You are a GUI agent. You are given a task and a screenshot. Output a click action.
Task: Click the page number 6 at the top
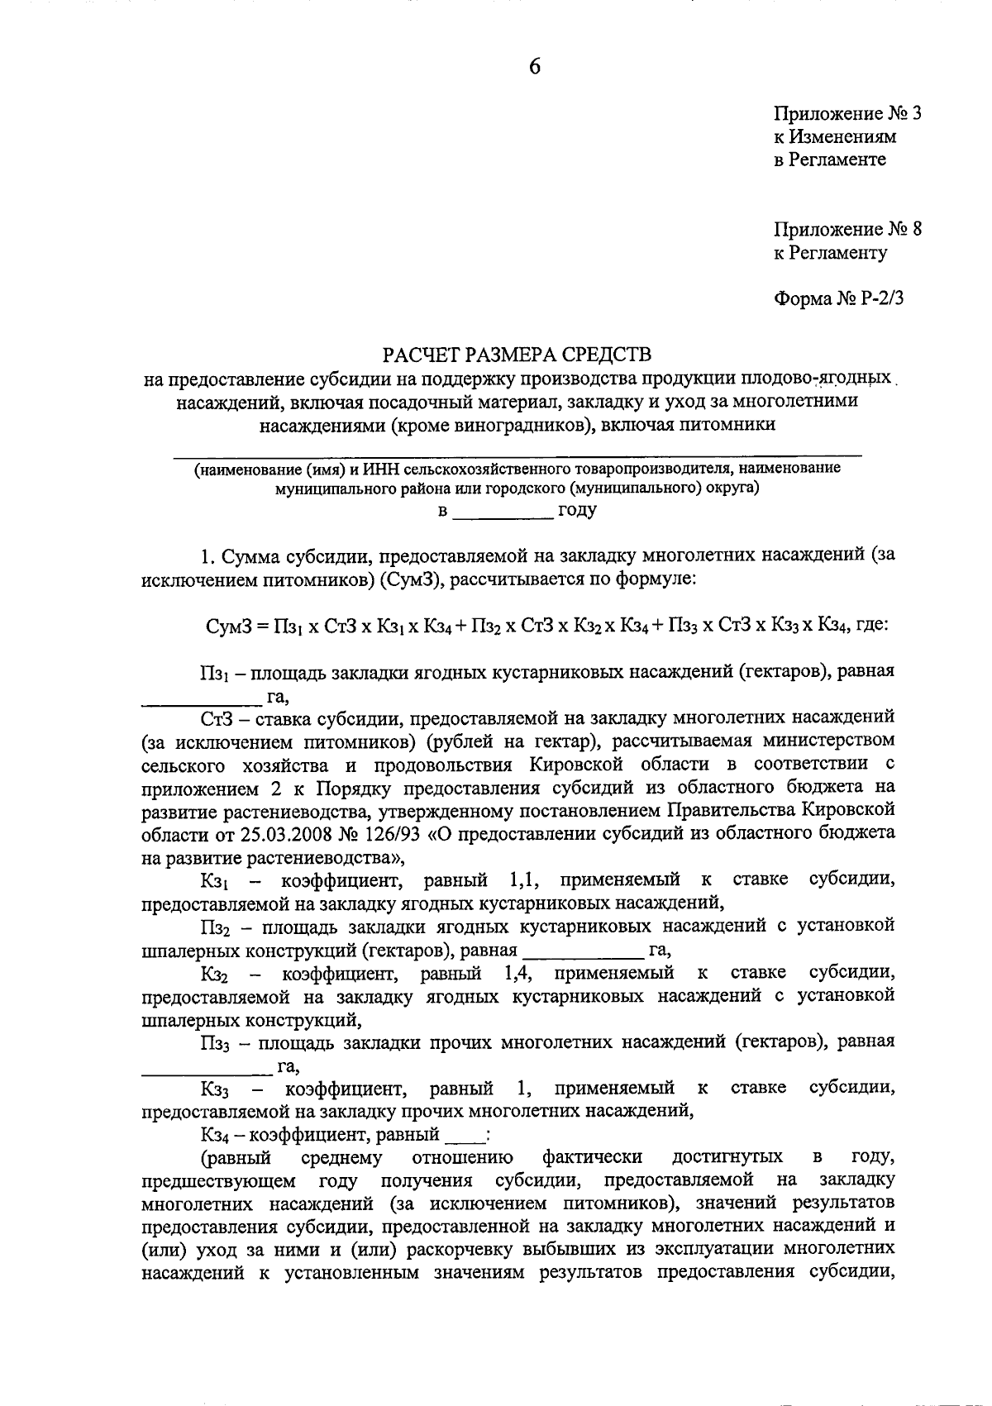[535, 67]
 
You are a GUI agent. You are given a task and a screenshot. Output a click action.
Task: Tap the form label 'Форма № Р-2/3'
[838, 298]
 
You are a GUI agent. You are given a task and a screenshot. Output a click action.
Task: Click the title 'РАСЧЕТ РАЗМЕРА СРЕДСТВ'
[517, 355]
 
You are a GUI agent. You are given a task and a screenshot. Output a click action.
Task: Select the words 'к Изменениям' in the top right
[834, 136]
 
